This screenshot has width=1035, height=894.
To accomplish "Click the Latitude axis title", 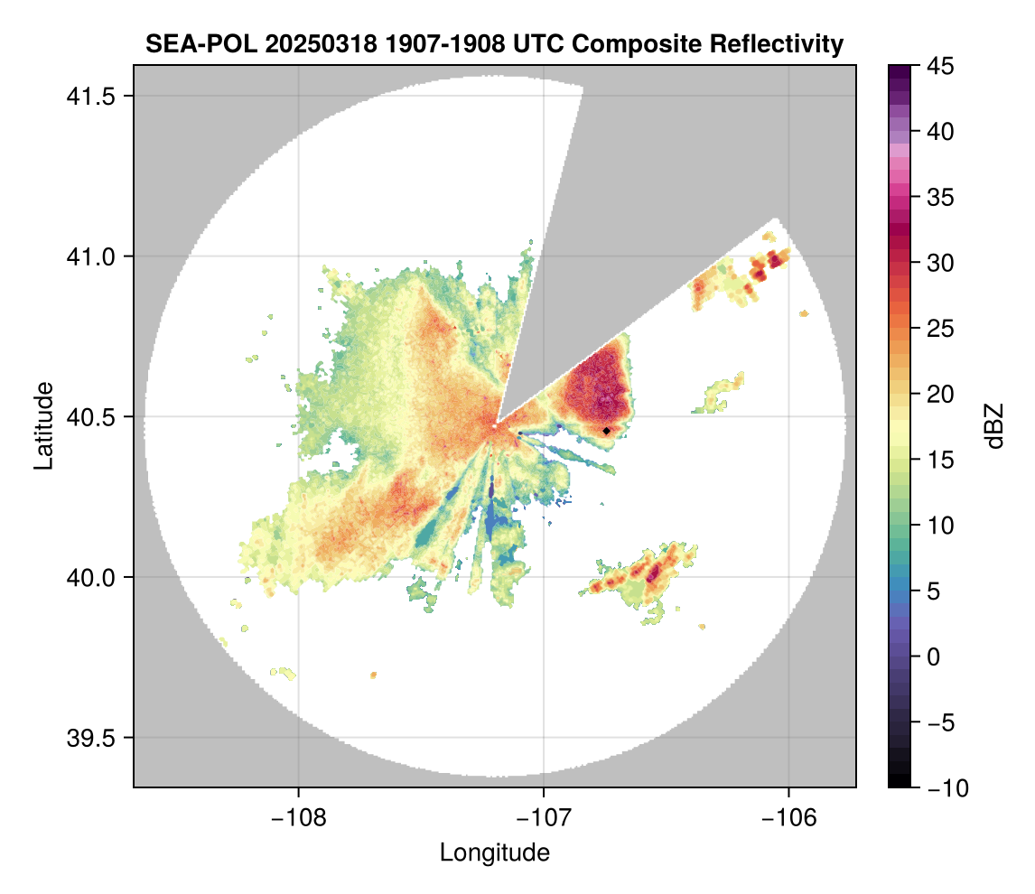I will (x=43, y=425).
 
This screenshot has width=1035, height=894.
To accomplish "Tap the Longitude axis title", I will (x=494, y=852).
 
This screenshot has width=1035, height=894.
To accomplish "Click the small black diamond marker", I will (x=607, y=431).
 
